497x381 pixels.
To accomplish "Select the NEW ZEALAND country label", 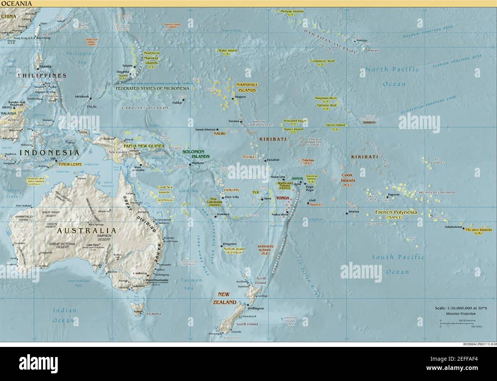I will point(227,298).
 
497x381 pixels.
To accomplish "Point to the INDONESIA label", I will point(49,152).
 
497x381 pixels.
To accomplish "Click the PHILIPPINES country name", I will point(41,76).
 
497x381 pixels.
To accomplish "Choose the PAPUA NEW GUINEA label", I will point(144,146).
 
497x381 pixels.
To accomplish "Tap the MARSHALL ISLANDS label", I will point(247,87).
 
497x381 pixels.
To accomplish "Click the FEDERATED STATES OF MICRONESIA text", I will point(153,88).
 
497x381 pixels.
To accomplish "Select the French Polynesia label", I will point(396,212).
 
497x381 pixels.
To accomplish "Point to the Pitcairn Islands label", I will point(479,229).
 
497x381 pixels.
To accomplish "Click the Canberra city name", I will point(140,273).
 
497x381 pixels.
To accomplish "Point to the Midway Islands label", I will point(292,11).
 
